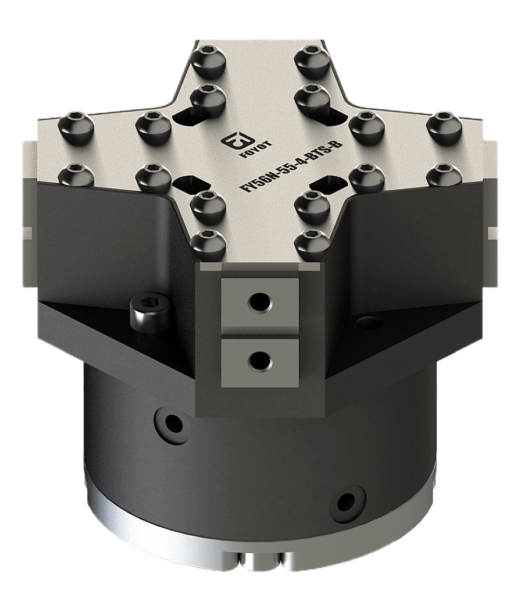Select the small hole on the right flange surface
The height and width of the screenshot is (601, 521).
tap(369, 322)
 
